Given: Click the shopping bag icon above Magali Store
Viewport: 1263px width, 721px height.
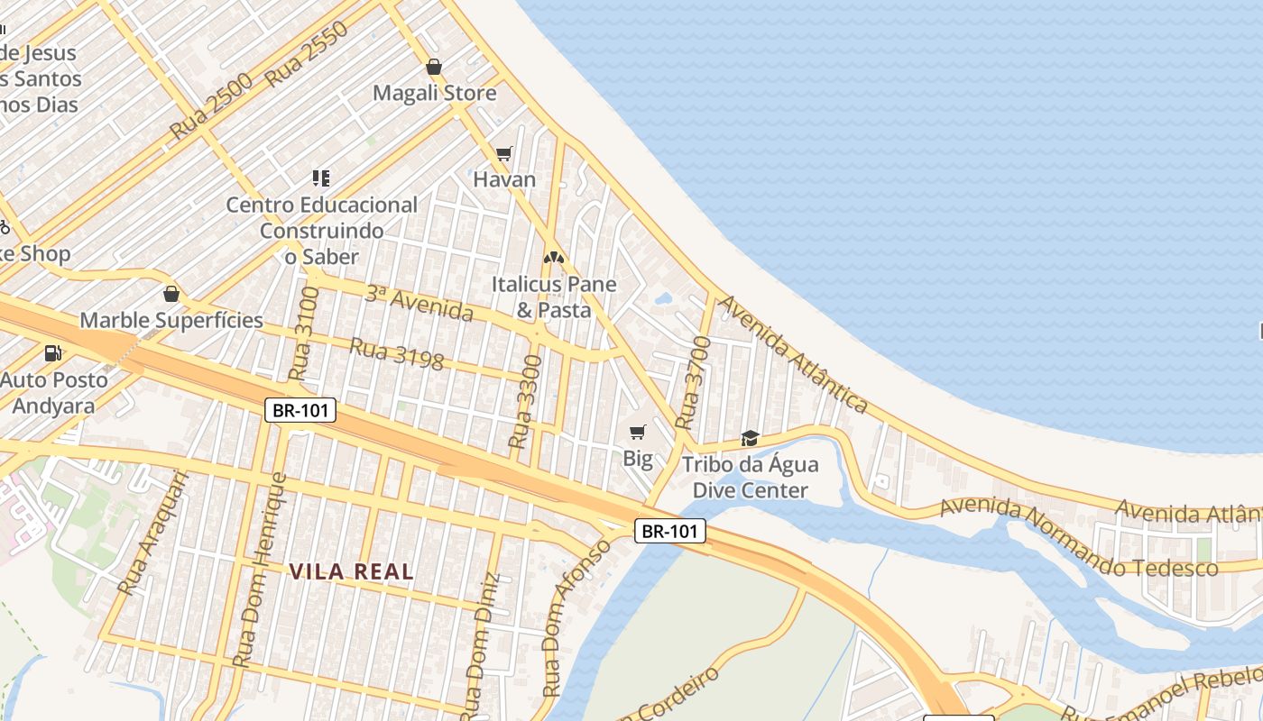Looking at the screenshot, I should click(434, 67).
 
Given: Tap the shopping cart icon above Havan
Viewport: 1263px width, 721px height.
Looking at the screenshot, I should click(504, 154).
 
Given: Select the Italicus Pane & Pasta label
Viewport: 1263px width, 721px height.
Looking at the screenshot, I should click(554, 297).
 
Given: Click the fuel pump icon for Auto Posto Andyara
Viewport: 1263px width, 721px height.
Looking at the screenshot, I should click(53, 353).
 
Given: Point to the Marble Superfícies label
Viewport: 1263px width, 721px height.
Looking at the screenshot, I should click(171, 320).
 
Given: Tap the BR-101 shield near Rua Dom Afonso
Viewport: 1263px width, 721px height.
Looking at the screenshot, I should click(669, 531).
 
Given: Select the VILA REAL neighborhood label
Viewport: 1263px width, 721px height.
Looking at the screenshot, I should click(352, 571).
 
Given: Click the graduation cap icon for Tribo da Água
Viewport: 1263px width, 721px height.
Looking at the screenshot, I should click(750, 438).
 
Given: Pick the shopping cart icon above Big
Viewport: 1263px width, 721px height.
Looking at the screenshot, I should click(638, 433).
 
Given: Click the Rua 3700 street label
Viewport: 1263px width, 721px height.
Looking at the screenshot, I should click(694, 382).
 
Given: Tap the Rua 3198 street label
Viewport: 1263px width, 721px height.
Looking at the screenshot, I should click(397, 354).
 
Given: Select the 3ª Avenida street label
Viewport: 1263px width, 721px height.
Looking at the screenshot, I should click(419, 303).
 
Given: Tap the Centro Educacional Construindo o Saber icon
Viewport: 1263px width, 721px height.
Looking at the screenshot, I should click(321, 178).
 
